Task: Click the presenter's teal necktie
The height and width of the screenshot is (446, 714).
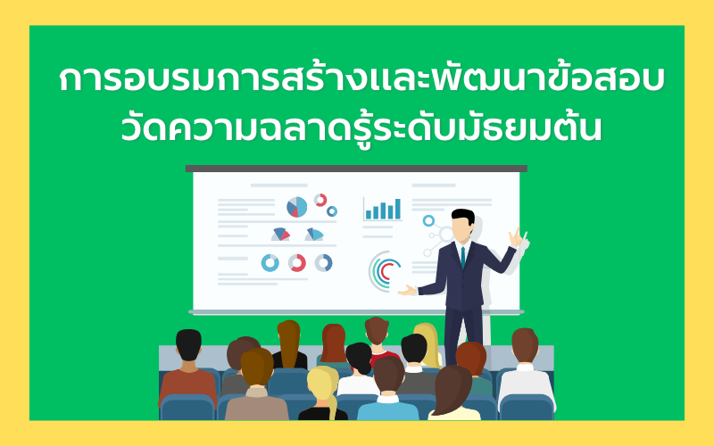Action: [462, 257]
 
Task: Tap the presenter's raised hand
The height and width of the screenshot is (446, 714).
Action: [516, 237]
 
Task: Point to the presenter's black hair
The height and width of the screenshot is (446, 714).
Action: [463, 216]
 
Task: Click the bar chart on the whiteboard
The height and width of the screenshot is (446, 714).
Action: [383, 210]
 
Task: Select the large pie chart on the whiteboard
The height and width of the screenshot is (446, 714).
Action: [296, 207]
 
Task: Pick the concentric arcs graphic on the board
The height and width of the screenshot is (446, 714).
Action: [384, 271]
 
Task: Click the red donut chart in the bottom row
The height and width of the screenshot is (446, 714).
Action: [297, 263]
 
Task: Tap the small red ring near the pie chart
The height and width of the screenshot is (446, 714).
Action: [320, 200]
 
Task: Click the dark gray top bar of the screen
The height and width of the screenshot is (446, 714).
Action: [356, 169]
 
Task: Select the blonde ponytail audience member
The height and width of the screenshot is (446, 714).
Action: [323, 392]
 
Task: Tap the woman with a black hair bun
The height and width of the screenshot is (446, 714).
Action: [359, 368]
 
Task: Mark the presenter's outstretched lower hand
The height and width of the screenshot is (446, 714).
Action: [407, 291]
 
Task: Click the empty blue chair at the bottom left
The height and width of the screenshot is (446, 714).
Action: [187, 408]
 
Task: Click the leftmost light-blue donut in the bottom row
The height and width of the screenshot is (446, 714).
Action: [270, 263]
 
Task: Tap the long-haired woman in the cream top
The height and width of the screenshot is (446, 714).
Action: [453, 393]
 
